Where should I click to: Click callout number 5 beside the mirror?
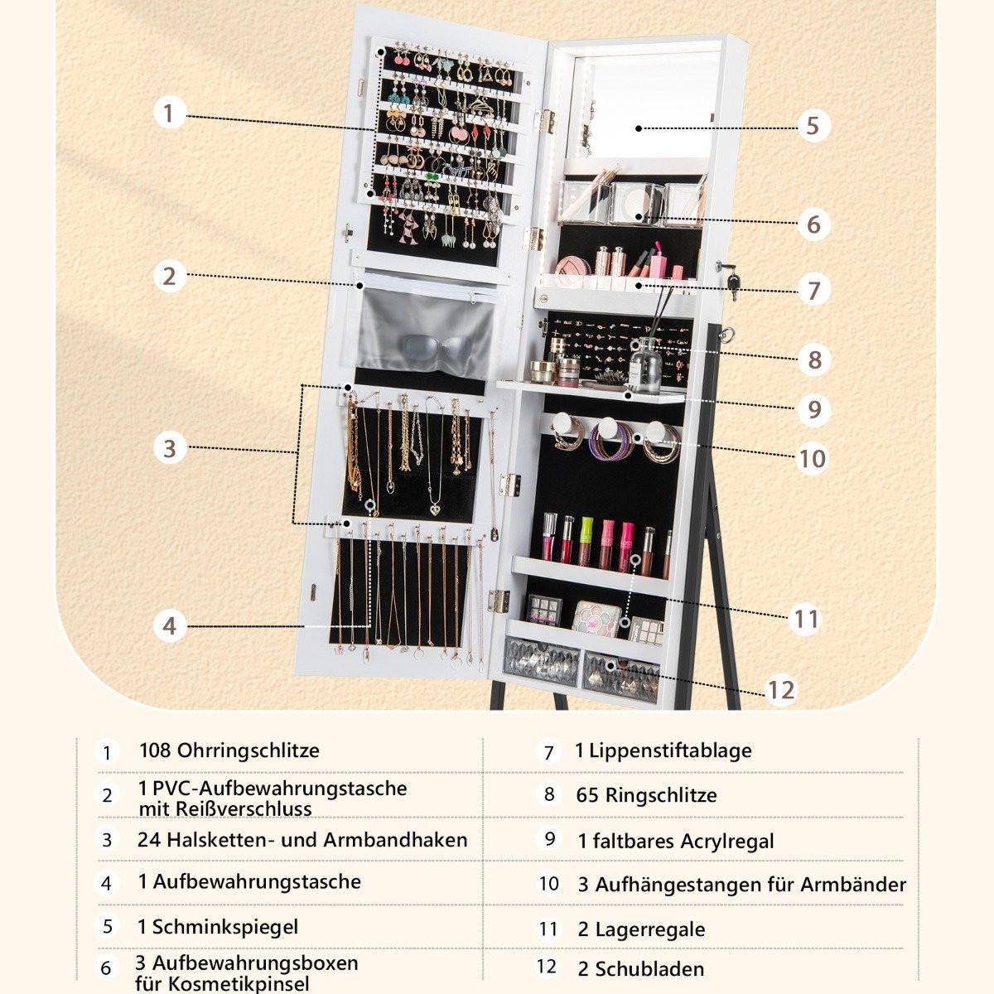(x=813, y=127)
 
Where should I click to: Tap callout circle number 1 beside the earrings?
(x=169, y=113)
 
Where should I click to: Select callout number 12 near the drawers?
(x=781, y=690)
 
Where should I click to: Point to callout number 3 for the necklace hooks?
(x=170, y=448)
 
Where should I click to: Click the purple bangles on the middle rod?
(x=610, y=444)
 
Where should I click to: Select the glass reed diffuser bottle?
(x=644, y=365)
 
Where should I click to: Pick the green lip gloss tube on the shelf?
(x=586, y=542)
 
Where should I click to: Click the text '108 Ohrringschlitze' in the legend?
(x=229, y=750)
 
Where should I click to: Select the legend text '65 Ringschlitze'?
(x=646, y=795)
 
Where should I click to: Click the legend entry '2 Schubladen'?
(x=640, y=968)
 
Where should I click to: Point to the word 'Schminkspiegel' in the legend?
(x=225, y=926)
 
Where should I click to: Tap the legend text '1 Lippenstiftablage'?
(x=663, y=750)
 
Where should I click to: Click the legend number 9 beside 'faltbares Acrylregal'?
(x=550, y=839)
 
